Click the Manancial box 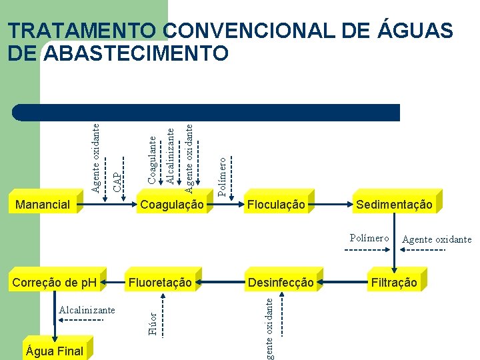(x=43, y=205)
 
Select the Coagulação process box (x=171, y=205)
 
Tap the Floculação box (x=276, y=205)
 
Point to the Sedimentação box (x=394, y=205)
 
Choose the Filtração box (x=395, y=283)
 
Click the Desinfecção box (x=280, y=283)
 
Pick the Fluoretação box (x=160, y=283)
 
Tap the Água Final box (x=54, y=351)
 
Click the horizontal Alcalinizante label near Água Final (x=87, y=310)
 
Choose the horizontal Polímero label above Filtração (x=369, y=238)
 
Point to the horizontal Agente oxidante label (x=437, y=239)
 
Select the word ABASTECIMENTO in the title (x=136, y=53)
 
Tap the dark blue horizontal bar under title (x=207, y=112)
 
